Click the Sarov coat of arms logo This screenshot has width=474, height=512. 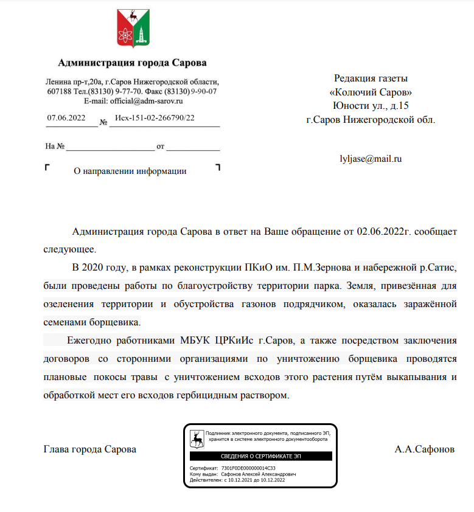131,29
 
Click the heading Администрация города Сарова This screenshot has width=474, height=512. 132,63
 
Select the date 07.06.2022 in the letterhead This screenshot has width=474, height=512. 66,117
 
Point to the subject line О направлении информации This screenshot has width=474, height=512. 130,171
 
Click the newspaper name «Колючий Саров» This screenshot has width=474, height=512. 370,92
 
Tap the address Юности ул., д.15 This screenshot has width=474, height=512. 371,106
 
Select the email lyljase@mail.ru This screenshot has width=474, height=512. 371,159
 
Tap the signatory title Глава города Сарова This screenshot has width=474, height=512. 90,449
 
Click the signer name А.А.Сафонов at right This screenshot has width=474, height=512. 424,449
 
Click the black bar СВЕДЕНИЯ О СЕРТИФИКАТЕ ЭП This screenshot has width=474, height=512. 260,455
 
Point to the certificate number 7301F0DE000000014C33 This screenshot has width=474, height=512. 248,469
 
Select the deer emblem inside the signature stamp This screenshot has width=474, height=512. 197,438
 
